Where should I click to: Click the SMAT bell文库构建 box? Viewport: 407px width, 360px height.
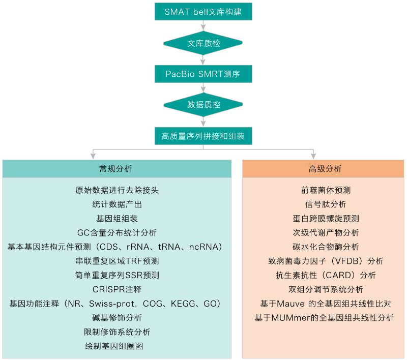tap(203, 12)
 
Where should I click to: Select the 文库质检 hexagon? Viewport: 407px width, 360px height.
tap(203, 43)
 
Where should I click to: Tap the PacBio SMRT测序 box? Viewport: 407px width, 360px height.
tap(203, 74)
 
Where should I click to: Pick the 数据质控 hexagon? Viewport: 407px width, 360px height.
tap(203, 105)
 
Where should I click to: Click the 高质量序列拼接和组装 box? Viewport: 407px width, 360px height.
tap(203, 136)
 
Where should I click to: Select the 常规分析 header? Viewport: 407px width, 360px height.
tap(117, 169)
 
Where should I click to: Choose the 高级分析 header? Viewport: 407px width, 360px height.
tap(323, 169)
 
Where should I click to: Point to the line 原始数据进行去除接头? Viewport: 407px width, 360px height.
tap(117, 191)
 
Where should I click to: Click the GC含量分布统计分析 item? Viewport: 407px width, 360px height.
tap(117, 233)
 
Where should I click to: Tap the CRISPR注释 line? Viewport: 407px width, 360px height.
tap(117, 289)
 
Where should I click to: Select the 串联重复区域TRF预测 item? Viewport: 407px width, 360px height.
tap(117, 261)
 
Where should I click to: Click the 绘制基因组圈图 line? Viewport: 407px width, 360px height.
tap(117, 346)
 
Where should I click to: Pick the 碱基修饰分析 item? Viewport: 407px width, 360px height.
tap(117, 318)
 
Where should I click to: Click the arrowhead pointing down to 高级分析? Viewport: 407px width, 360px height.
tap(313, 156)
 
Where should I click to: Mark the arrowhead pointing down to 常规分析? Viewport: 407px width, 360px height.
tap(92, 156)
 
